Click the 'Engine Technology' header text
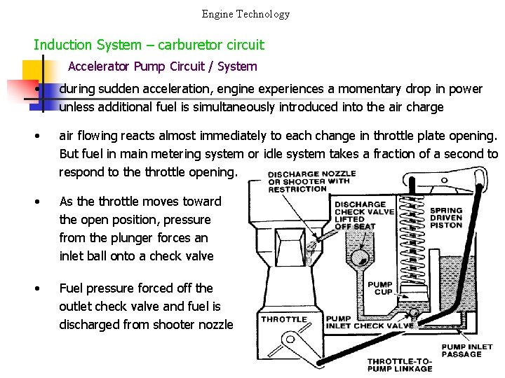point(245,14)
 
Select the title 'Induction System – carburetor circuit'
point(149,45)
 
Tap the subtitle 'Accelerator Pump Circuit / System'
point(163,67)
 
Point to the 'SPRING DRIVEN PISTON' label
point(446,217)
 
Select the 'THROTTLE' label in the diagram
point(284,320)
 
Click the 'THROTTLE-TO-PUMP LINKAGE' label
point(400,365)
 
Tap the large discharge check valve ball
point(361,258)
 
